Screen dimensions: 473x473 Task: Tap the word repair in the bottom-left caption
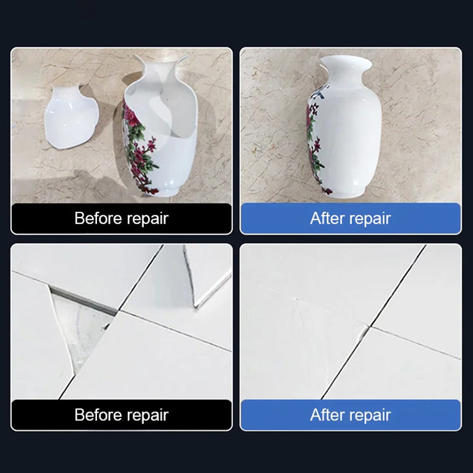click(147, 416)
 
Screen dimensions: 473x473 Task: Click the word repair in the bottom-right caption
click(370, 416)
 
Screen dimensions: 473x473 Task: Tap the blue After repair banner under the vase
click(351, 218)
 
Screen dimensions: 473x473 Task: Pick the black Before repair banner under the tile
click(122, 415)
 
